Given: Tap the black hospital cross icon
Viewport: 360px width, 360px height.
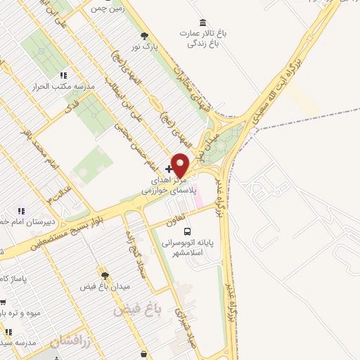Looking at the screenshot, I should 169,169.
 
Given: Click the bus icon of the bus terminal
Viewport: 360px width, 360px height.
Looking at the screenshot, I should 187,231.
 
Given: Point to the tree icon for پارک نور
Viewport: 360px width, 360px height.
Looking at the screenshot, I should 144,36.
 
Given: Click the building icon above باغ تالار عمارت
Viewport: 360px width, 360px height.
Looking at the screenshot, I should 203,22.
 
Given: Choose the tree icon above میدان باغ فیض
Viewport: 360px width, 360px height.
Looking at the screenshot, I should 104,276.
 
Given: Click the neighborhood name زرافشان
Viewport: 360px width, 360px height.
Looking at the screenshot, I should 72,341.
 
